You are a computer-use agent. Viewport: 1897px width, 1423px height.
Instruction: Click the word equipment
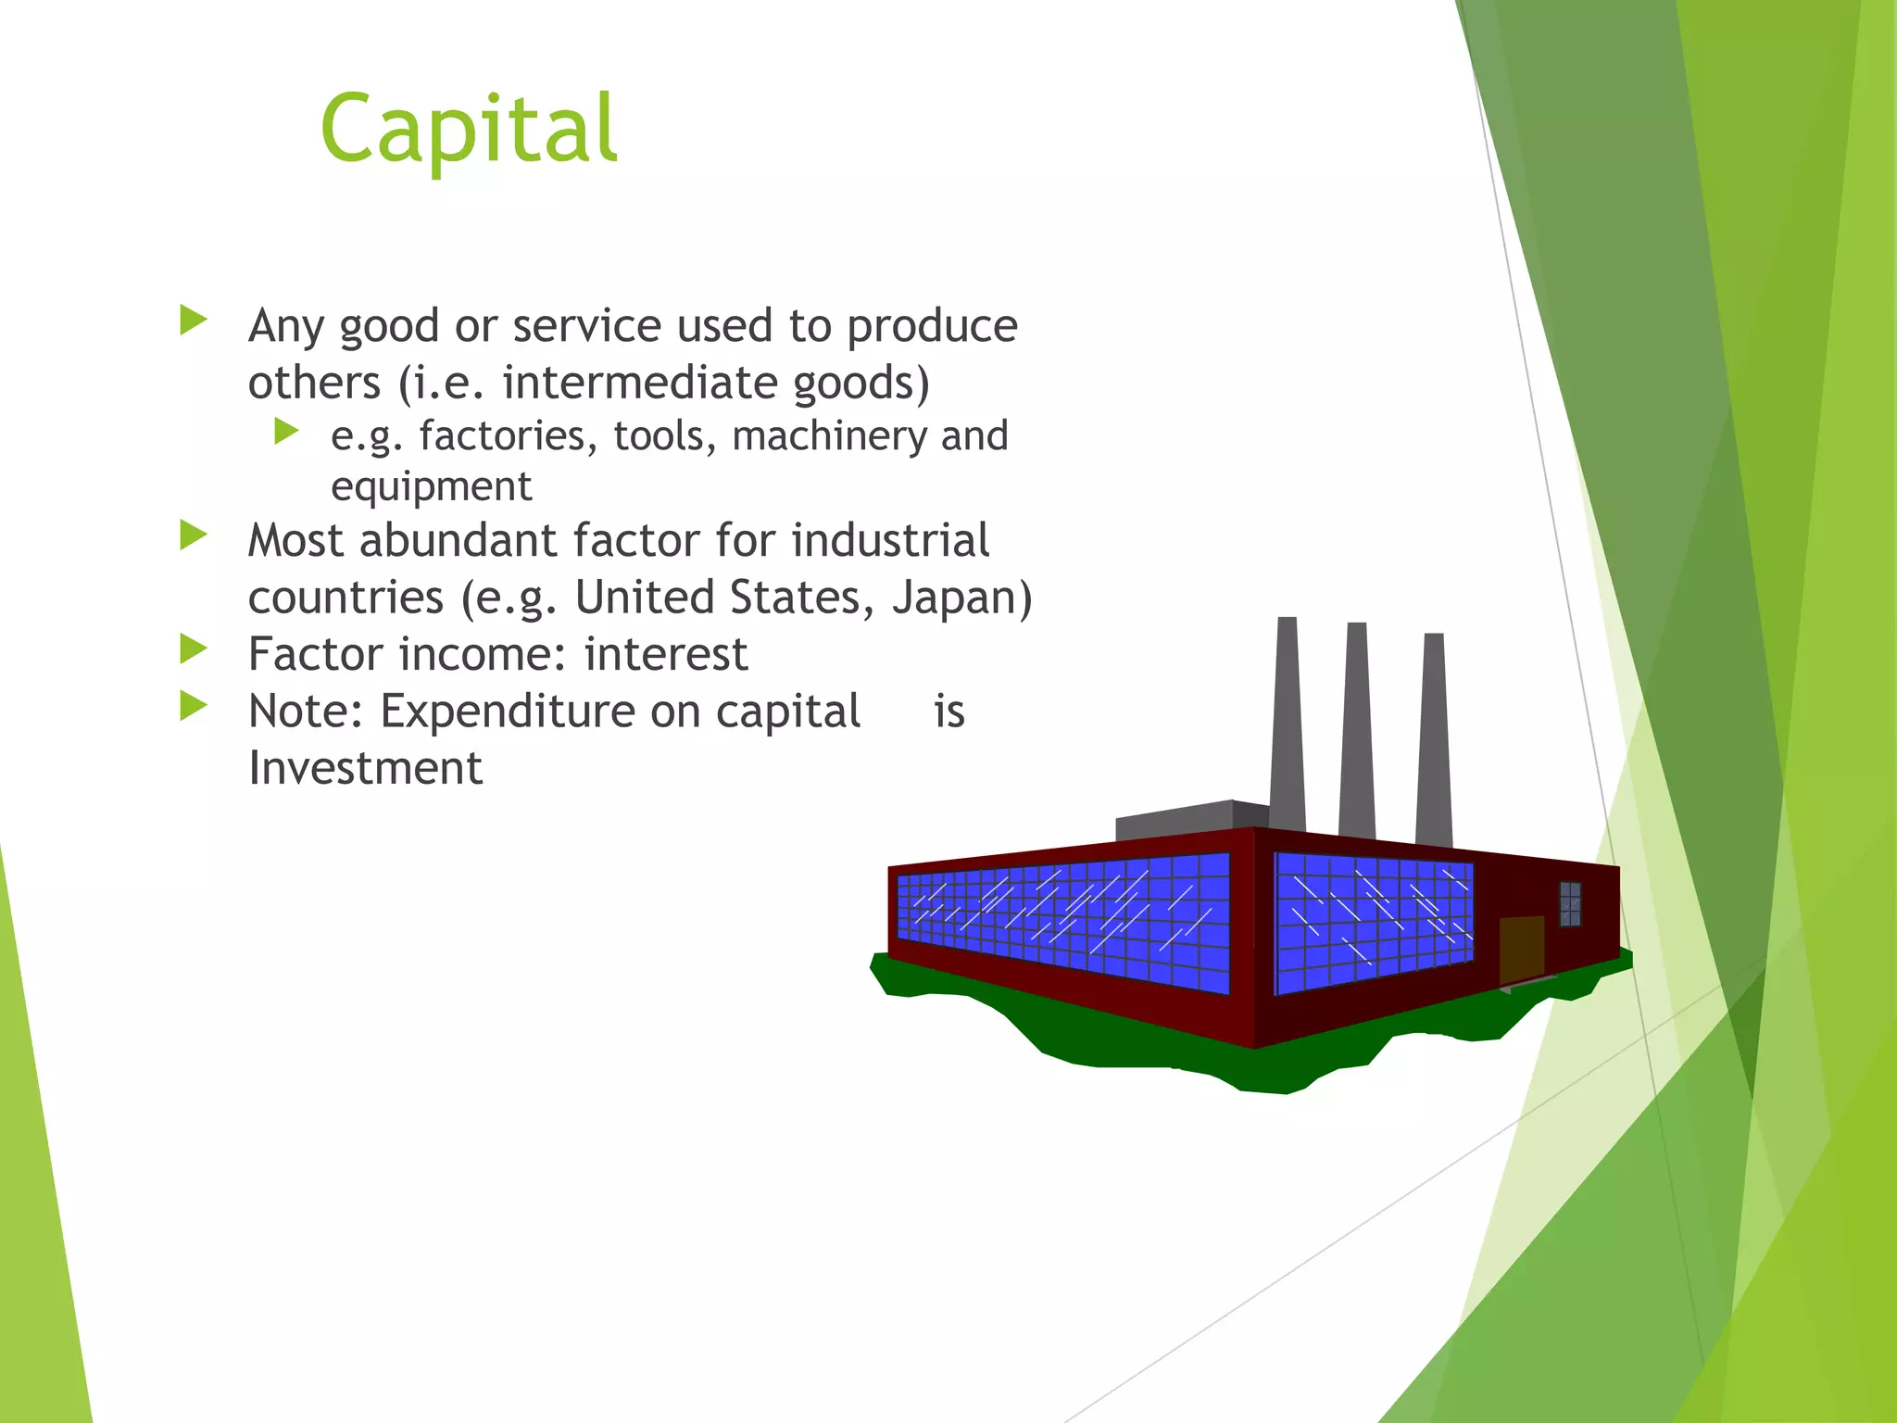pyautogui.click(x=431, y=486)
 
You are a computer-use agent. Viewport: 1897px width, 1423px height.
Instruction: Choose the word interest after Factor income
pyautogui.click(x=665, y=654)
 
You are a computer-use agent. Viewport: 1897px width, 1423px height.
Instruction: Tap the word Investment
pyautogui.click(x=365, y=768)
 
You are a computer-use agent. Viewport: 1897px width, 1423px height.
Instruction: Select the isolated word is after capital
pyautogui.click(x=949, y=711)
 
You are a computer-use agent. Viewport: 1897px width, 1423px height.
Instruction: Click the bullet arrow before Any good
pyautogui.click(x=193, y=321)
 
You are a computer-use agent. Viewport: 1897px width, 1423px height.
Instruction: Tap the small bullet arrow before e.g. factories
pyautogui.click(x=286, y=432)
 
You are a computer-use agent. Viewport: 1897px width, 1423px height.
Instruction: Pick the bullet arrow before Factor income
pyautogui.click(x=193, y=649)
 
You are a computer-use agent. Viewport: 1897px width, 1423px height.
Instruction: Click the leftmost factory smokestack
pyautogui.click(x=1288, y=723)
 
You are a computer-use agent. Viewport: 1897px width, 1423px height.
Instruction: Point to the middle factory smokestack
pyautogui.click(x=1357, y=732)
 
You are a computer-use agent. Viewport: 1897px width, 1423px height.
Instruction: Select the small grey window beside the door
pyautogui.click(x=1570, y=903)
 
